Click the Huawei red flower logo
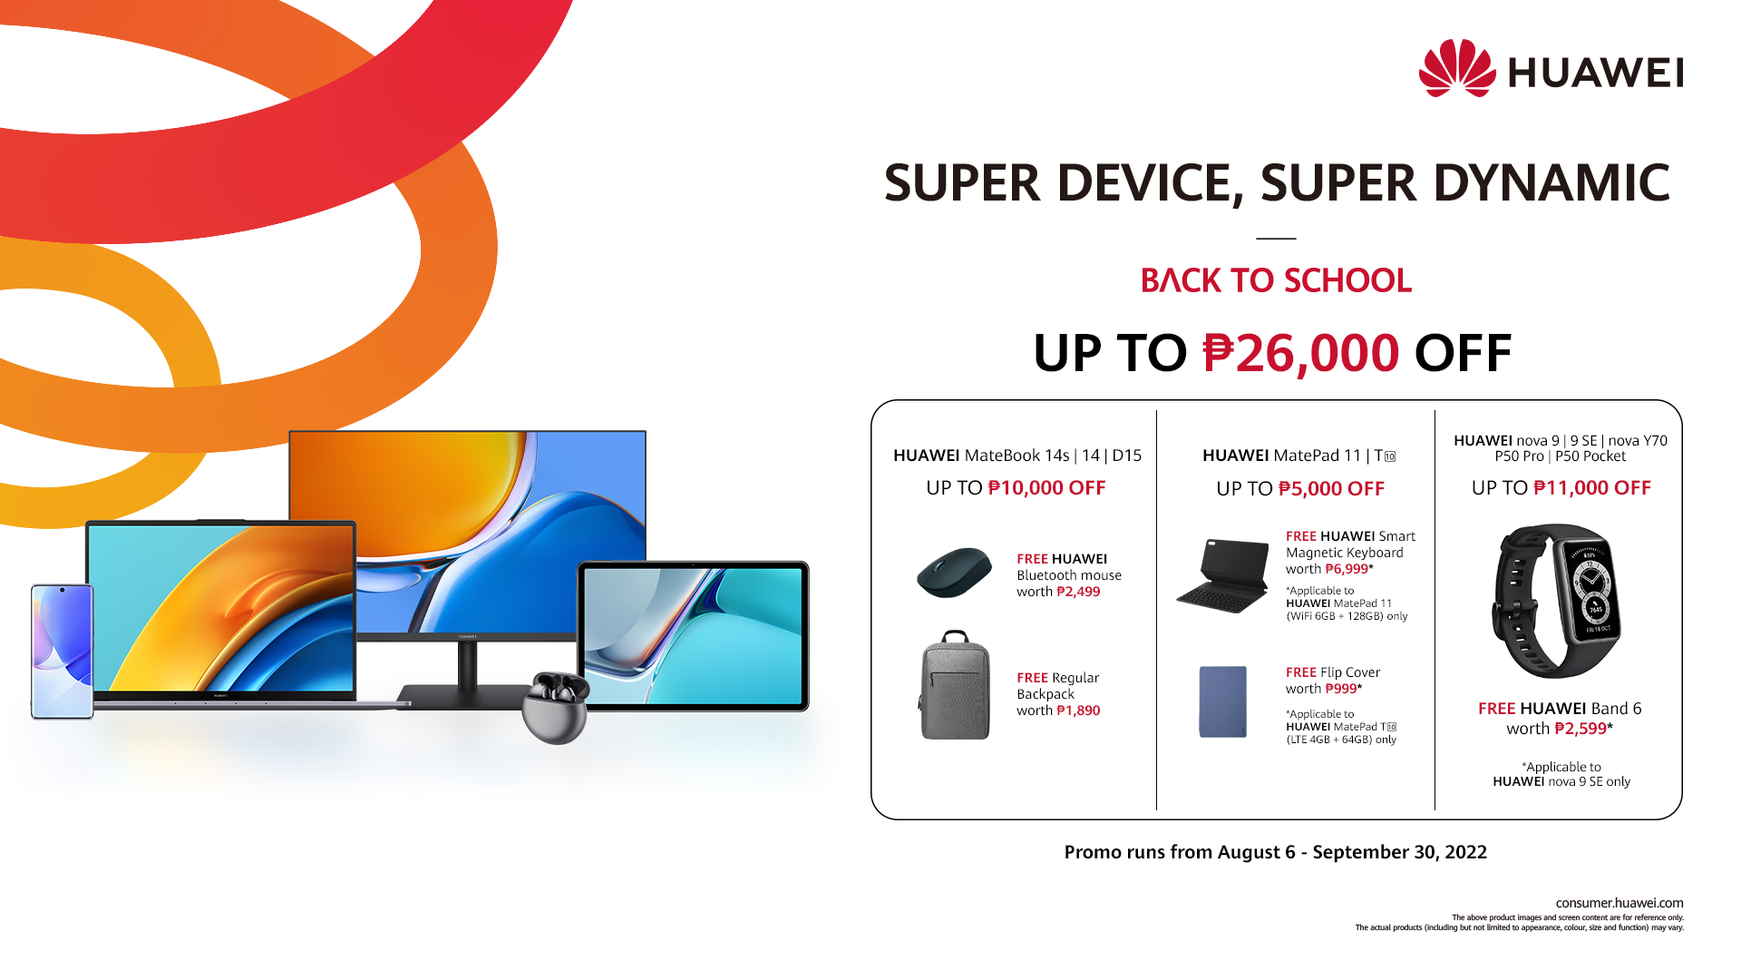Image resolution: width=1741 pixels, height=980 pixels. click(x=1457, y=68)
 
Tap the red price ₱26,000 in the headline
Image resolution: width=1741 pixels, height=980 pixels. click(x=1301, y=353)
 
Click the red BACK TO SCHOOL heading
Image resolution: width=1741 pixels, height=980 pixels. click(x=1276, y=280)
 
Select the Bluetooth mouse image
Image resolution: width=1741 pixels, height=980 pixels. click(x=954, y=573)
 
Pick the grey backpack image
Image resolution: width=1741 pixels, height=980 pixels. click(x=955, y=685)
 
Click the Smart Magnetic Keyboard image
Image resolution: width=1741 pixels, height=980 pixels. click(x=1223, y=575)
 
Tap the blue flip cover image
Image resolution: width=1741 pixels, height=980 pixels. click(x=1222, y=701)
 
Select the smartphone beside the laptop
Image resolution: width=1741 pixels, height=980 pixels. click(x=63, y=652)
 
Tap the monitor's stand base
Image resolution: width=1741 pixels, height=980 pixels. click(x=462, y=696)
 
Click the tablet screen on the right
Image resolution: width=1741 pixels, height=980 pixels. click(x=694, y=635)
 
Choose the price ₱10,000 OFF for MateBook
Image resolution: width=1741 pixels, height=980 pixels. click(x=1046, y=488)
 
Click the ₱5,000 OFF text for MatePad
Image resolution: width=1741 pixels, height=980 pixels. click(x=1331, y=489)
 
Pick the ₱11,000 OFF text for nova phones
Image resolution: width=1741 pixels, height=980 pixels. click(x=1592, y=488)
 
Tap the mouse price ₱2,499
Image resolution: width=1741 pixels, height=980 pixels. click(x=1078, y=592)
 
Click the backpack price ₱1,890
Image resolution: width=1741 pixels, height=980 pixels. click(x=1078, y=710)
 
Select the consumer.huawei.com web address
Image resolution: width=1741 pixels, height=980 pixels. click(x=1619, y=903)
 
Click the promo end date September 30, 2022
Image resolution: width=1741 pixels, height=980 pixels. click(x=1400, y=852)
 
